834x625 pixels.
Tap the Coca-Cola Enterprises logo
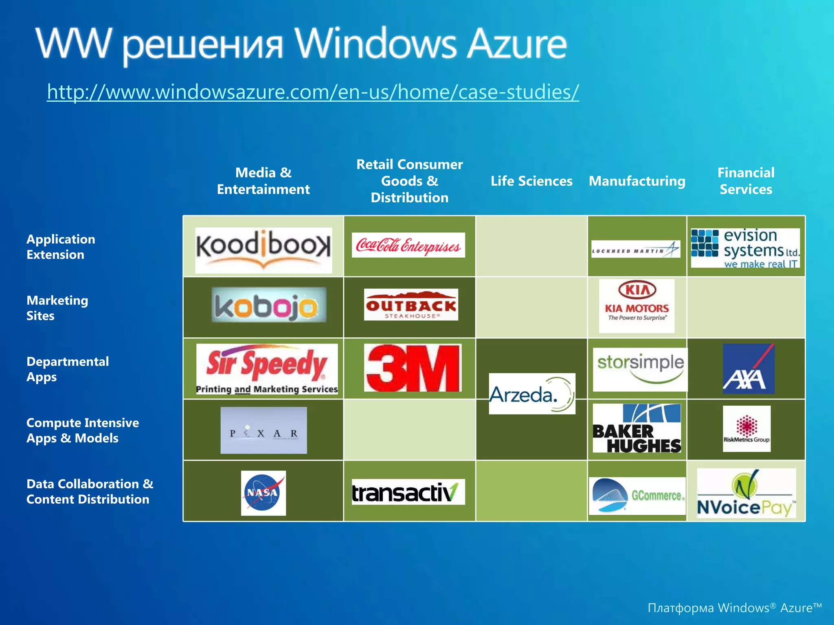(408, 245)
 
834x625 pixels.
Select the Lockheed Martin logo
(636, 249)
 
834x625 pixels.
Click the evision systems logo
(745, 248)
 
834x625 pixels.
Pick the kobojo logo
(268, 305)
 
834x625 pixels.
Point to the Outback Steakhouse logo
(410, 305)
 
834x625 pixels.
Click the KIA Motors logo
(636, 305)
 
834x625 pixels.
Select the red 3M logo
(413, 368)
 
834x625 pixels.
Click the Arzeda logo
(531, 393)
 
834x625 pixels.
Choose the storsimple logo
(640, 369)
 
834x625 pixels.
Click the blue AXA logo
(748, 369)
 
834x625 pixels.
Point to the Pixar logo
(263, 431)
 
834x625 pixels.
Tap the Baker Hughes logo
(636, 428)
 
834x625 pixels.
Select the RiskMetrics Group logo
(746, 429)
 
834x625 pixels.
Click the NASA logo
(263, 493)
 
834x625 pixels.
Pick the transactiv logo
(408, 492)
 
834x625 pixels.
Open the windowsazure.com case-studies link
(312, 92)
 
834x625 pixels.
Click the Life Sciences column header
(531, 181)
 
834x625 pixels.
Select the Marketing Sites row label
(57, 308)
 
